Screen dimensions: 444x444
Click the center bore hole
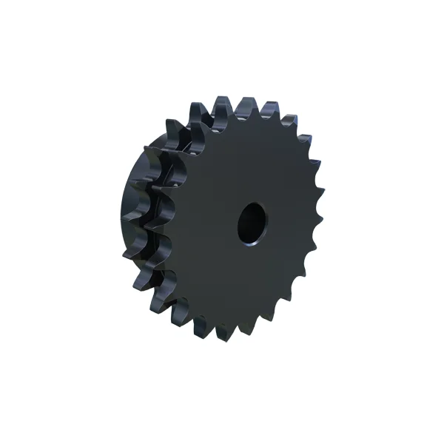click(x=252, y=221)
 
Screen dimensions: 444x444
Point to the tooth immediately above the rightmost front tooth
click(x=315, y=181)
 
